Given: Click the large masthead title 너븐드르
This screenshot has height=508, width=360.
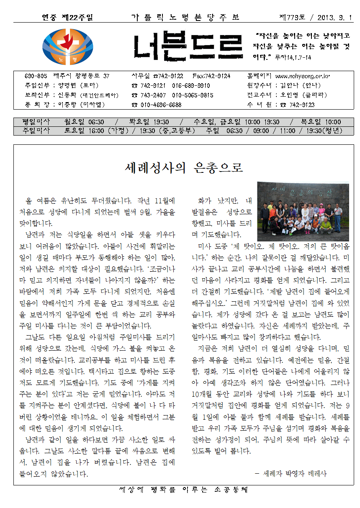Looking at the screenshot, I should (x=188, y=47).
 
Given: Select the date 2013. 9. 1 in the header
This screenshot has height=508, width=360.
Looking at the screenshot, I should (x=335, y=18).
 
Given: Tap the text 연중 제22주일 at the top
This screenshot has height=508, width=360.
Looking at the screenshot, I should (x=67, y=18).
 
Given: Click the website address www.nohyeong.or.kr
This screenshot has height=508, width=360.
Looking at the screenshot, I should (x=302, y=76).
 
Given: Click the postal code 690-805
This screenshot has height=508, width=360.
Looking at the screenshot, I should (x=36, y=76).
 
